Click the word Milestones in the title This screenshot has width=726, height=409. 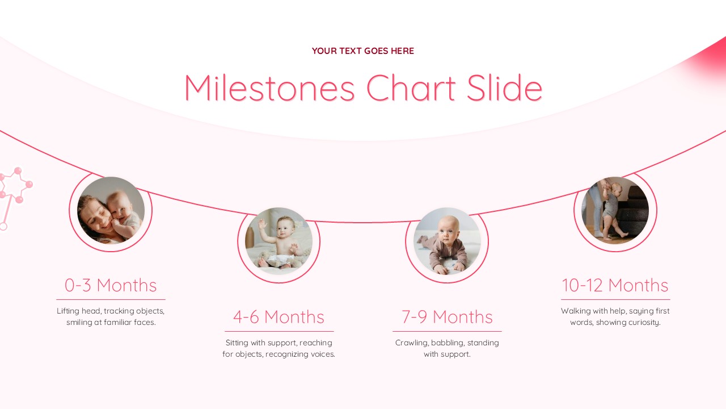[x=269, y=88]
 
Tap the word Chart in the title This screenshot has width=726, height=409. [x=411, y=87]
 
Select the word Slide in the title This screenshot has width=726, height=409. [x=505, y=87]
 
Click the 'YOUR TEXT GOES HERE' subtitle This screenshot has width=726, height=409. [x=363, y=51]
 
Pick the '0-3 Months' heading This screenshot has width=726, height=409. [x=111, y=285]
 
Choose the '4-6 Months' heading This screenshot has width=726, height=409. [x=278, y=317]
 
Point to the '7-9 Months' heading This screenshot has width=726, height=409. [x=448, y=317]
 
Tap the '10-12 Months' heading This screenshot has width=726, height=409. [x=615, y=285]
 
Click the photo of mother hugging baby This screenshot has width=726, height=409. [x=111, y=210]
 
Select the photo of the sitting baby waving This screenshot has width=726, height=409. [x=278, y=241]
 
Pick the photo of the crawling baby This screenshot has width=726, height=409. [x=448, y=241]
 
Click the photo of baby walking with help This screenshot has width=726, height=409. [x=615, y=210]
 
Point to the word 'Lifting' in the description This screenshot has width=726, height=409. [x=67, y=311]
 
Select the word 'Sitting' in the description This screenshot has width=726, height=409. [x=237, y=343]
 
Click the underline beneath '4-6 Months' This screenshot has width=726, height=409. [x=279, y=331]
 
